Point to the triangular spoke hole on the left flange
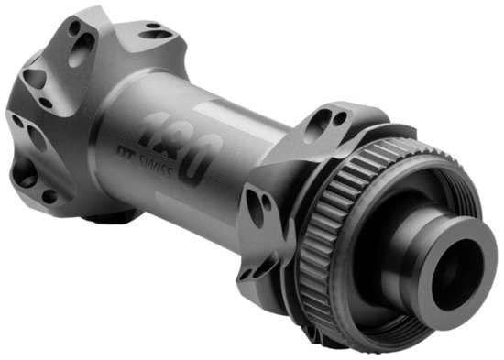34,78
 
